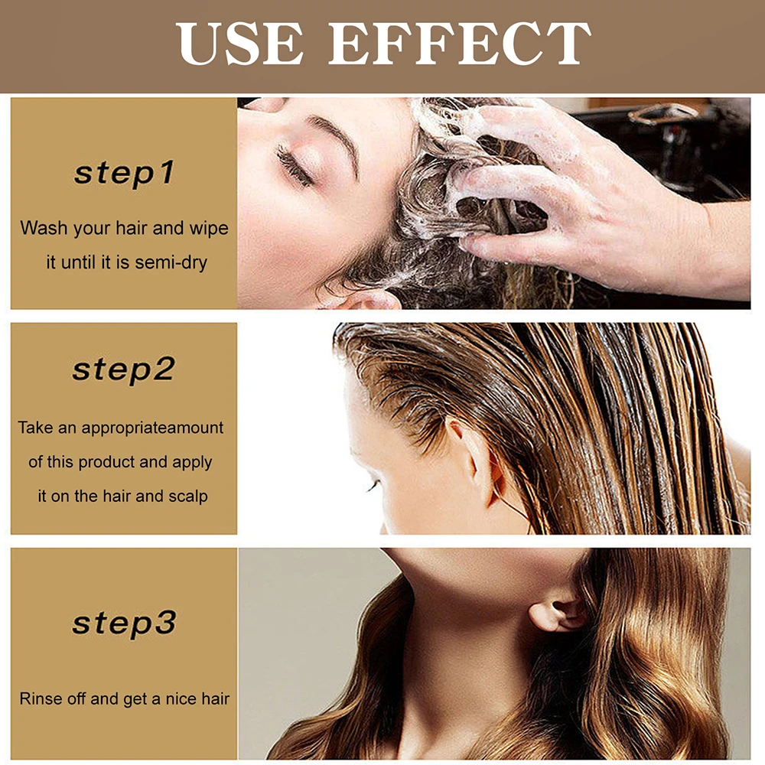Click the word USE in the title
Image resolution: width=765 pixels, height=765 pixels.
click(239, 44)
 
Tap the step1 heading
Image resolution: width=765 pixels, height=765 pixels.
click(124, 173)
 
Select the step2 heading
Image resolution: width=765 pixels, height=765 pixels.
click(124, 370)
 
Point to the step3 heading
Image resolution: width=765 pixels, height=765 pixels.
click(124, 623)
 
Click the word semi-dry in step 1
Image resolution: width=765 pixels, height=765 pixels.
click(171, 262)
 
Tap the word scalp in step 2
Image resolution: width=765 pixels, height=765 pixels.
click(187, 496)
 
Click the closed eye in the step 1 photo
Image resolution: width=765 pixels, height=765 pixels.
click(294, 164)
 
